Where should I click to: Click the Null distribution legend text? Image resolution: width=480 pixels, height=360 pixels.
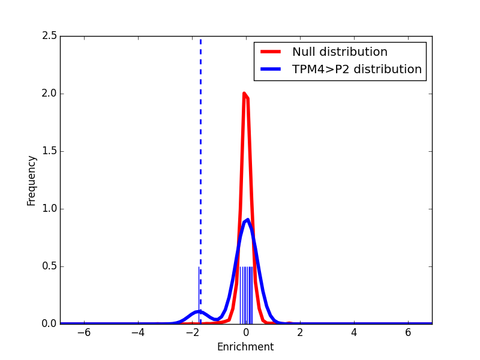coord(340,52)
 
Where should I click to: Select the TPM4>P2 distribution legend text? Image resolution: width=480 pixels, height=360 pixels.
coord(356,70)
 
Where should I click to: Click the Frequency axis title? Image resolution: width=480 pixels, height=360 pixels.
coord(32,180)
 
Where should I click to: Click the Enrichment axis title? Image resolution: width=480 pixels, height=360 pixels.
coord(245,347)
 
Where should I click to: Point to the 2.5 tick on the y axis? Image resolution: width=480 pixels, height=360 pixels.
coord(50,36)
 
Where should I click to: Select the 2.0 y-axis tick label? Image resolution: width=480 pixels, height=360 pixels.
coord(50,94)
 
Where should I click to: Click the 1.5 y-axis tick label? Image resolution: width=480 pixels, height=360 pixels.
coord(50,151)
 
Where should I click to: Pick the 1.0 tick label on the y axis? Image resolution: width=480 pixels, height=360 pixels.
coord(50,209)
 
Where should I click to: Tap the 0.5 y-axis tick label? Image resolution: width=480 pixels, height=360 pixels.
coord(50,266)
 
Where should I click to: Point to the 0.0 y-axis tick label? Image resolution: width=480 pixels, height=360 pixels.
coord(50,324)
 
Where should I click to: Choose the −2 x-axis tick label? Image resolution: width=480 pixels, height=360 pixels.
coord(191,333)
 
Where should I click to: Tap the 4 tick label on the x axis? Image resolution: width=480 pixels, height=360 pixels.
coord(354,333)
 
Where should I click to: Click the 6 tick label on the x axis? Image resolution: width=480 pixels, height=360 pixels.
coord(408,333)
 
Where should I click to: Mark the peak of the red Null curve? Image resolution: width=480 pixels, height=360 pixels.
coord(244,94)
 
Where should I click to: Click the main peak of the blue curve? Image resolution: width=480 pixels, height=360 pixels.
coord(247,220)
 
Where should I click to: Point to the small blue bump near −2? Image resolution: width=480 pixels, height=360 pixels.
coord(199,311)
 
